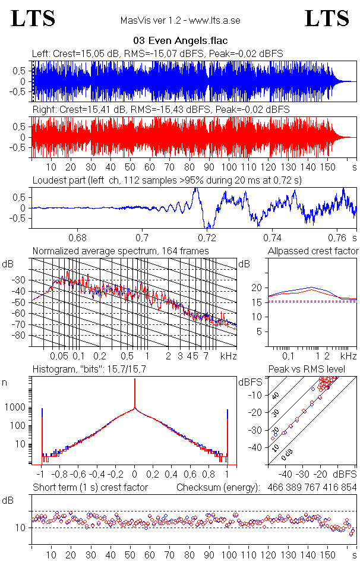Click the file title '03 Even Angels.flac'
(x=180, y=42)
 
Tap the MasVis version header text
(x=180, y=21)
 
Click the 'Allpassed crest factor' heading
(x=313, y=251)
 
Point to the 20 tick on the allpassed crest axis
(x=257, y=288)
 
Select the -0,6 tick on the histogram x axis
(x=78, y=475)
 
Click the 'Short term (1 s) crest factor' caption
(x=90, y=487)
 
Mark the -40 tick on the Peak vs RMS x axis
(x=285, y=475)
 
